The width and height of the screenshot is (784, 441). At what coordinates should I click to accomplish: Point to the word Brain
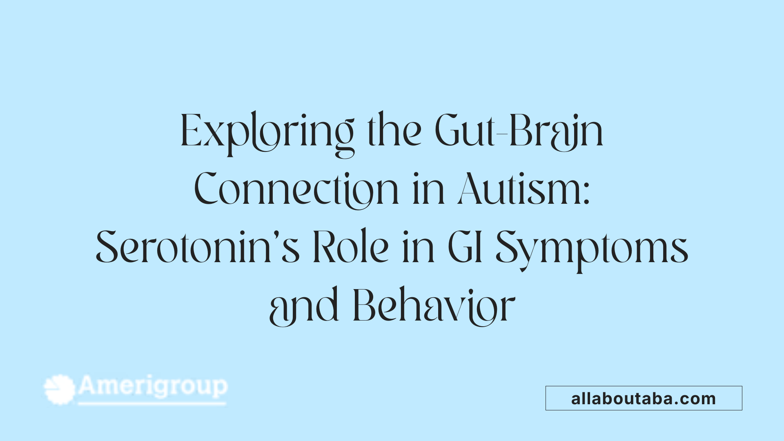pyautogui.click(x=556, y=131)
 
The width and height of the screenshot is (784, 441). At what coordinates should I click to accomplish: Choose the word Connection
pyautogui.click(x=296, y=190)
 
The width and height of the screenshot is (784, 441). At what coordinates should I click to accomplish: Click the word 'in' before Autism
pyautogui.click(x=428, y=190)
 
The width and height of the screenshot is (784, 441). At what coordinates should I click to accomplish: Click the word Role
pyautogui.click(x=351, y=247)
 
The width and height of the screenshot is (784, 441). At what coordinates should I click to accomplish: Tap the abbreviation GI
pyautogui.click(x=465, y=247)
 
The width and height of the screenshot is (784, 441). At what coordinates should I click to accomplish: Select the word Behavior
pyautogui.click(x=434, y=306)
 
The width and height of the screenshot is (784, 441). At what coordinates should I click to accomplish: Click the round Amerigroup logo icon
pyautogui.click(x=60, y=390)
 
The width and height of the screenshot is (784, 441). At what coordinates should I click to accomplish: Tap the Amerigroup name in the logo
pyautogui.click(x=153, y=386)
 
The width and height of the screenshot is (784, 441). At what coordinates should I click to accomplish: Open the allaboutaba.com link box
pyautogui.click(x=644, y=398)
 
